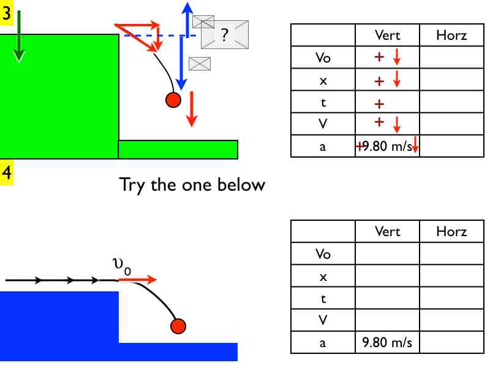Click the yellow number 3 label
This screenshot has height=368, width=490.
[x=7, y=14]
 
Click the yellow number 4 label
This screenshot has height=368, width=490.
[x=7, y=173]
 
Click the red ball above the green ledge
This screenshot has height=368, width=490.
[x=173, y=99]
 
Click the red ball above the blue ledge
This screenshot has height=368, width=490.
[x=178, y=326]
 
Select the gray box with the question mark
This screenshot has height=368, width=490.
[x=225, y=35]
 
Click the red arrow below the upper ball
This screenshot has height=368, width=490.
[x=192, y=109]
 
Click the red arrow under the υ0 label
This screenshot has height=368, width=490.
[x=137, y=280]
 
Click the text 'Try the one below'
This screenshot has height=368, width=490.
[x=192, y=184]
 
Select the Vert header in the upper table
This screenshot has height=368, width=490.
[x=387, y=36]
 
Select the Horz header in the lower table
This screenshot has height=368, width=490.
[x=451, y=232]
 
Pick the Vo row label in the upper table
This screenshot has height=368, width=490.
[x=323, y=58]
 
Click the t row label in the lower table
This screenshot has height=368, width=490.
[x=323, y=299]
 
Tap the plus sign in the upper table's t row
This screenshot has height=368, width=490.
[x=379, y=103]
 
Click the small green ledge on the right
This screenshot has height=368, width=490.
[x=178, y=149]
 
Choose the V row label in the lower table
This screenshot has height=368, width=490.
[x=323, y=320]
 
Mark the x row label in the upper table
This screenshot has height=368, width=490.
[x=323, y=80]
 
